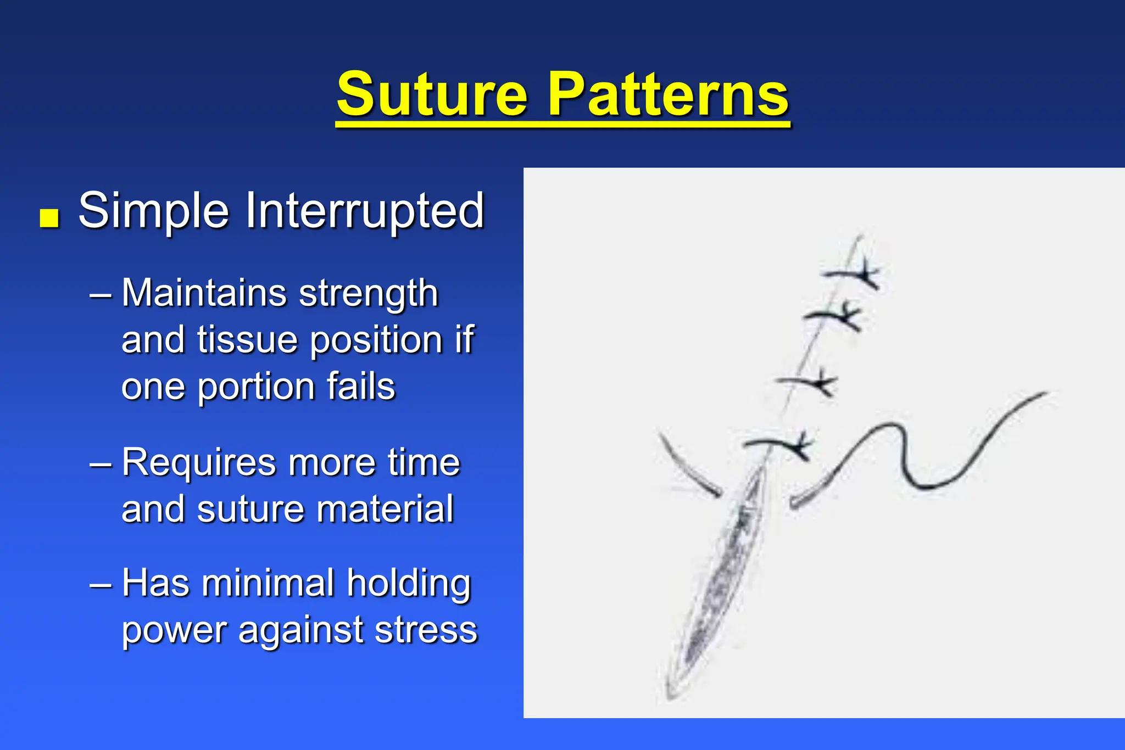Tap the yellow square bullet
[49, 217]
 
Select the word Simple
[153, 211]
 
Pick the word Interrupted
[365, 211]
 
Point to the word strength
[369, 294]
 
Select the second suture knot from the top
[848, 316]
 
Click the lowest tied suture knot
[799, 445]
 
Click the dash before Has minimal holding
[101, 584]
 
